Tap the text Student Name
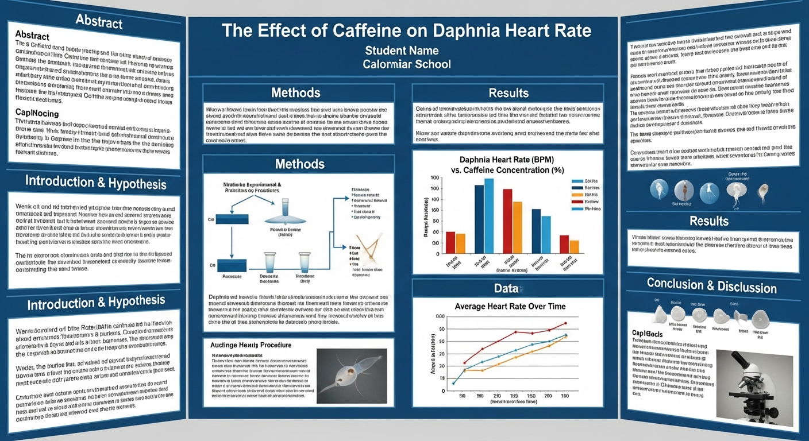coord(401,50)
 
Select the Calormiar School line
coord(406,64)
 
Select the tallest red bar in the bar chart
coord(507,220)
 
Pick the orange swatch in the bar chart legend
coord(577,194)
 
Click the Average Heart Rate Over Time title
coord(510,307)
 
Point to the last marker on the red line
coord(565,323)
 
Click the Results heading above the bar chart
coord(508,92)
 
